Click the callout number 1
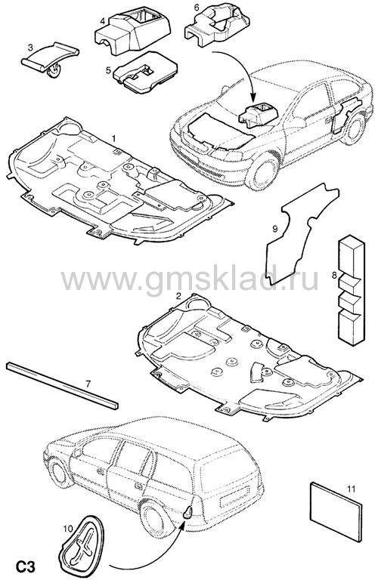tap(114, 138)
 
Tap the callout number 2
tap(178, 296)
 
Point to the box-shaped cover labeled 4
tap(132, 32)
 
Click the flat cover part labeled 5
tap(145, 72)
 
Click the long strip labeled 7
tap(62, 386)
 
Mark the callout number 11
tap(351, 489)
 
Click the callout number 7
tap(88, 384)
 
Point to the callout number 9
tap(274, 230)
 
